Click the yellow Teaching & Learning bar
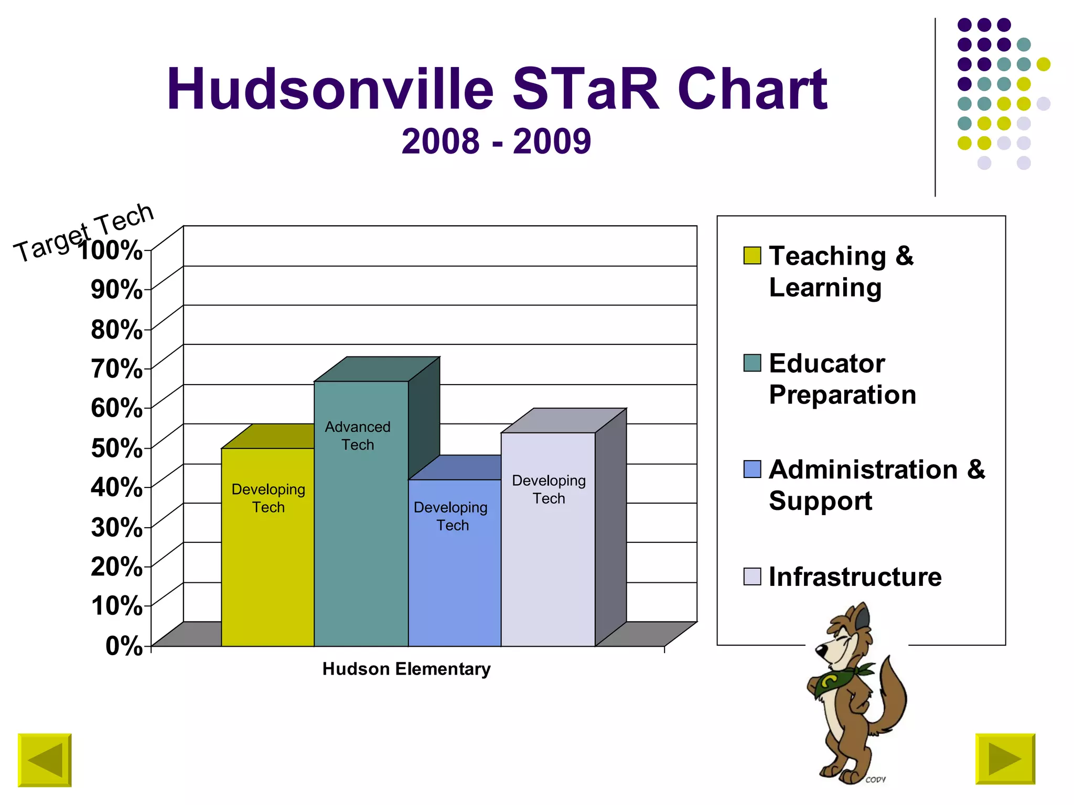coord(267,566)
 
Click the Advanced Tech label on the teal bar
coord(358,436)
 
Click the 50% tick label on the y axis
coord(116,448)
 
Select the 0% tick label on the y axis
coord(124,646)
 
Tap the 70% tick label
coord(116,368)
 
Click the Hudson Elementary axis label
coord(406,669)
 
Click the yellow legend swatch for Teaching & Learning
coord(752,255)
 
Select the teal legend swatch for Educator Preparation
coord(752,363)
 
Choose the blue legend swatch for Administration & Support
coord(752,469)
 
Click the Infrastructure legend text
coord(855,576)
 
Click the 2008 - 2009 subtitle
coord(496,142)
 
